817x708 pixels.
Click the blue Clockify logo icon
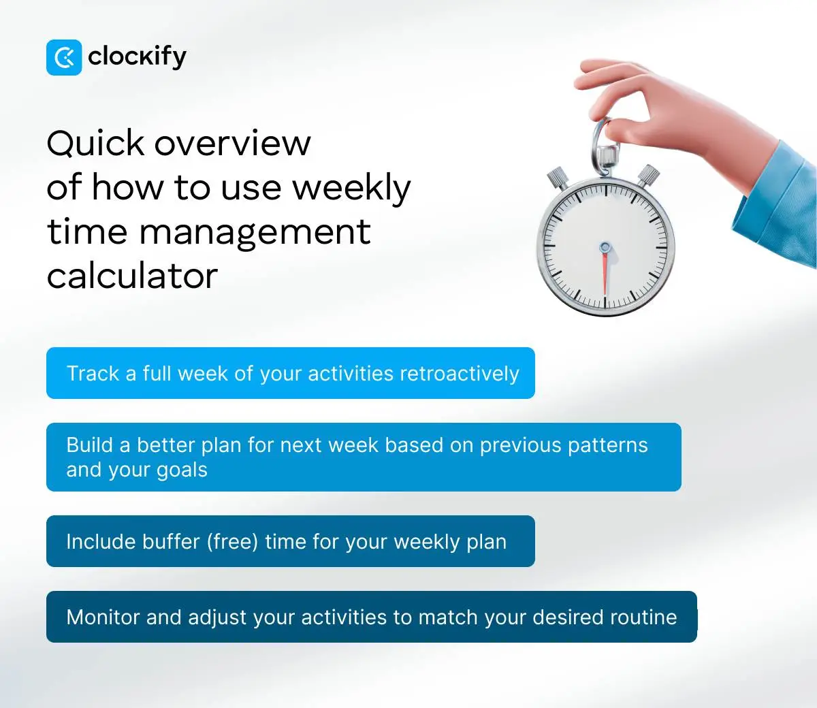(x=64, y=57)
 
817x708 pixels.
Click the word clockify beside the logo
(x=137, y=57)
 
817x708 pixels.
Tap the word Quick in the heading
(x=95, y=144)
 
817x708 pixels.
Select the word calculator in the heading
(x=132, y=276)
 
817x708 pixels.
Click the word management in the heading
(x=255, y=232)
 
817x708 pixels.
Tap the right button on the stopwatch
(x=648, y=174)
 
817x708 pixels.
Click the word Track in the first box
(x=93, y=374)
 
